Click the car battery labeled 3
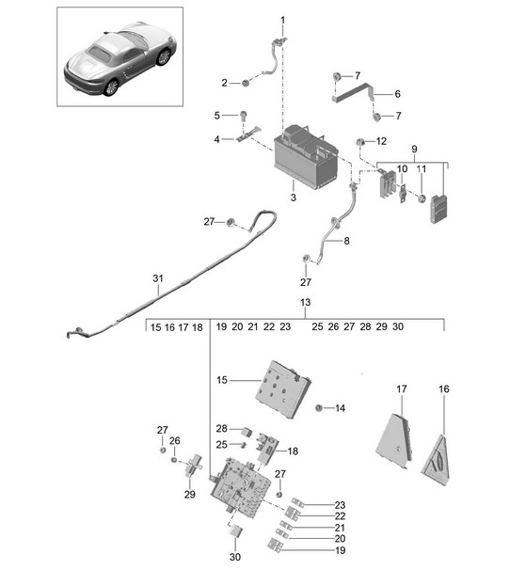[306, 157]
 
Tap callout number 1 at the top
[282, 20]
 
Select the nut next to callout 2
[246, 83]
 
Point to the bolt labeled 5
[244, 115]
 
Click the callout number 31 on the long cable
[158, 278]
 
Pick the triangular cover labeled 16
[437, 461]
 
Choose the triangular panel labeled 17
[394, 440]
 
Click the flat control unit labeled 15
[284, 389]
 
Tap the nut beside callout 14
[319, 407]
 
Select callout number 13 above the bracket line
[305, 302]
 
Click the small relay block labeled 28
[247, 432]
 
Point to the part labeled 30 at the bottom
[235, 531]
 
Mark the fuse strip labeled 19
[275, 545]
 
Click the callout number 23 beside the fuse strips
[340, 505]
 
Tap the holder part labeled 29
[194, 467]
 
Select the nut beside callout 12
[360, 142]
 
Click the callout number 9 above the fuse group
[414, 150]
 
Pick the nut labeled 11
[422, 198]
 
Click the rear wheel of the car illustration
[111, 87]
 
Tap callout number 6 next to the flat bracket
[397, 94]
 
